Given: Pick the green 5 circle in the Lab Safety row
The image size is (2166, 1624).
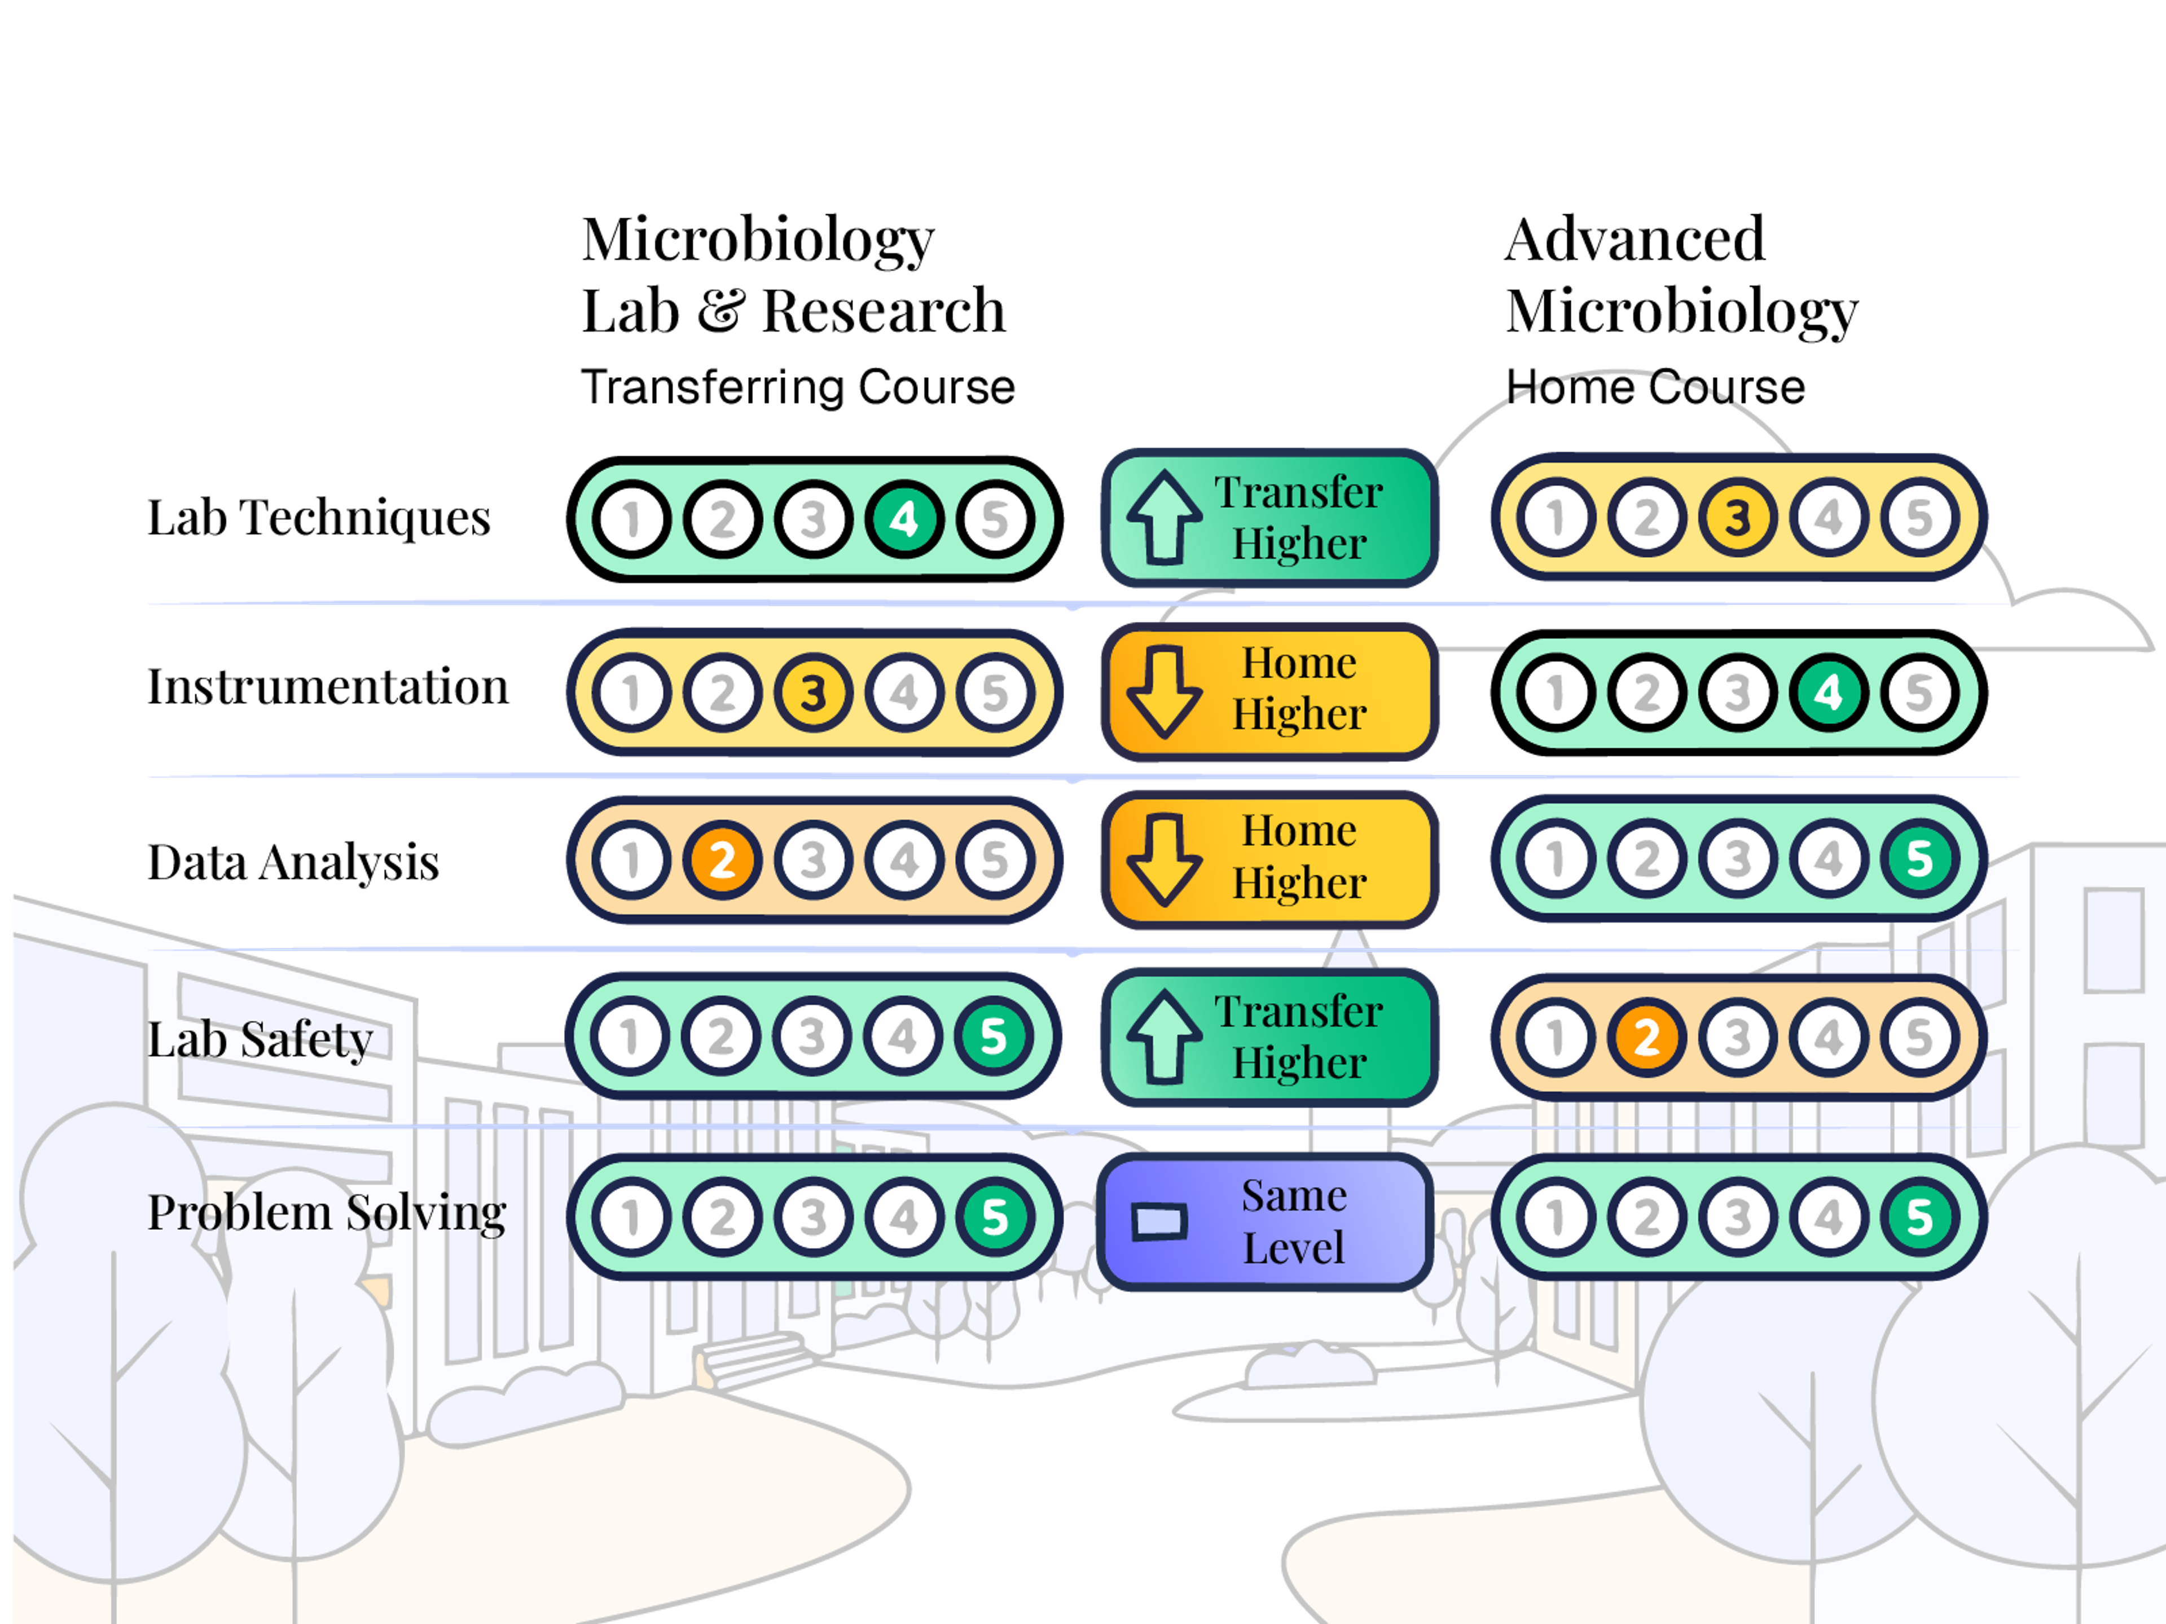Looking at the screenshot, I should [993, 1036].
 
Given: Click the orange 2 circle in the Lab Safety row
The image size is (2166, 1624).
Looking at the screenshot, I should [1646, 1038].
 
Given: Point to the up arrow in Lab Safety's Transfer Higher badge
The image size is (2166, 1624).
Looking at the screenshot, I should [1163, 1036].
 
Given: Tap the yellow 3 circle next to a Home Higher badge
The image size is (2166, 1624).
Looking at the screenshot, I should [812, 693].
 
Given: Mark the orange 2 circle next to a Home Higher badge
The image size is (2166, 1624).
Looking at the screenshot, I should [722, 860].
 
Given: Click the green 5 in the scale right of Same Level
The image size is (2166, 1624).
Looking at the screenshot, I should [1918, 1217].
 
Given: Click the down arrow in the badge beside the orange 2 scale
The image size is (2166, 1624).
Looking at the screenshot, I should [1163, 858].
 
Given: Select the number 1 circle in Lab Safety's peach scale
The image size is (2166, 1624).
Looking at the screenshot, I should [1555, 1038].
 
